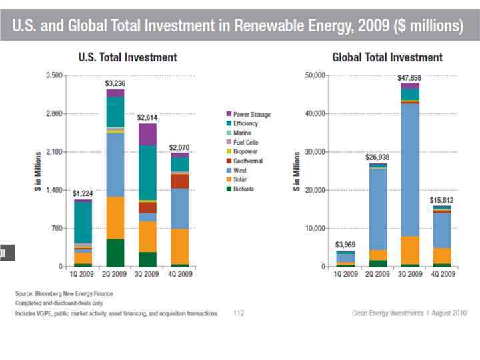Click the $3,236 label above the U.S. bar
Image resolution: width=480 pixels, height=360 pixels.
[x=115, y=84]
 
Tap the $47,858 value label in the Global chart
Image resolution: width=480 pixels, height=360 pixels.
[x=409, y=77]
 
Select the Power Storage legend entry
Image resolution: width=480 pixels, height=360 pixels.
[x=252, y=115]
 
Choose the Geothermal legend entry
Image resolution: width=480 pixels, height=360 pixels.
[x=248, y=161]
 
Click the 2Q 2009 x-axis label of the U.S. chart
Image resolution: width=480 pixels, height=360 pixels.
[x=115, y=274]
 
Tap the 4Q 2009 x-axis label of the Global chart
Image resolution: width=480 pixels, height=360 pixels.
[x=442, y=274]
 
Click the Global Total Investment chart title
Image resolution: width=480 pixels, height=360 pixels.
[x=387, y=57]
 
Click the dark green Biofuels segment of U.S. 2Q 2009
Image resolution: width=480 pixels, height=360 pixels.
[x=115, y=253]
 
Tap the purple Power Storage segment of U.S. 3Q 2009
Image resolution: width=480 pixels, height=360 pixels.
[x=147, y=134]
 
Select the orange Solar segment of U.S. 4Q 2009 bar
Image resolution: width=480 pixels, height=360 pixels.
[x=179, y=247]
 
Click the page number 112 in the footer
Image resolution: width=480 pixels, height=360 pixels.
[x=239, y=312]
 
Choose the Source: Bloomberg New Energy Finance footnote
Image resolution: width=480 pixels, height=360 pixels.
[x=64, y=293]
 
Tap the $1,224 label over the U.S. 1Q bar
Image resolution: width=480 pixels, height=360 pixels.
[x=83, y=193]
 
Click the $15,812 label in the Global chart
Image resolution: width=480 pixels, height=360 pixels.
[x=442, y=200]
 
